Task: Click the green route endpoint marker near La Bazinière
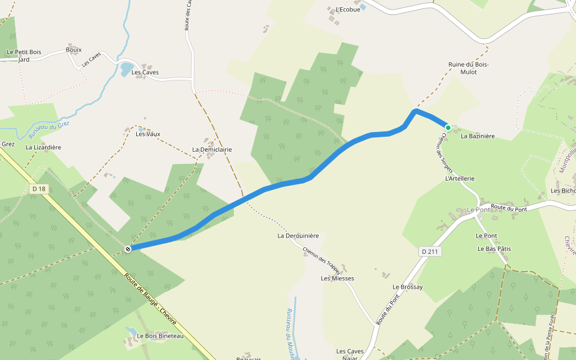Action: coord(448,127)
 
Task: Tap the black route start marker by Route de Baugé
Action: coord(128,248)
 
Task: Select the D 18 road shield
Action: coord(38,189)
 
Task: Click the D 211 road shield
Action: coord(429,251)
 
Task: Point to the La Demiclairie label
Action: coord(212,149)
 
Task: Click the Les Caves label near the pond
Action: coord(145,73)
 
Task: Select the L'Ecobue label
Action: coord(348,10)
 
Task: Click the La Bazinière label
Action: coord(478,136)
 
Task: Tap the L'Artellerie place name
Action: coord(460,179)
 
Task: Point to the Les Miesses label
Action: coord(337,278)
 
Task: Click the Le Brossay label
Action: coord(407,287)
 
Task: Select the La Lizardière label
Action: coord(43,147)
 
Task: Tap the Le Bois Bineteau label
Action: coord(160,336)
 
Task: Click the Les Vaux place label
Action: coord(148,134)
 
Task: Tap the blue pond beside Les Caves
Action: coord(126,70)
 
